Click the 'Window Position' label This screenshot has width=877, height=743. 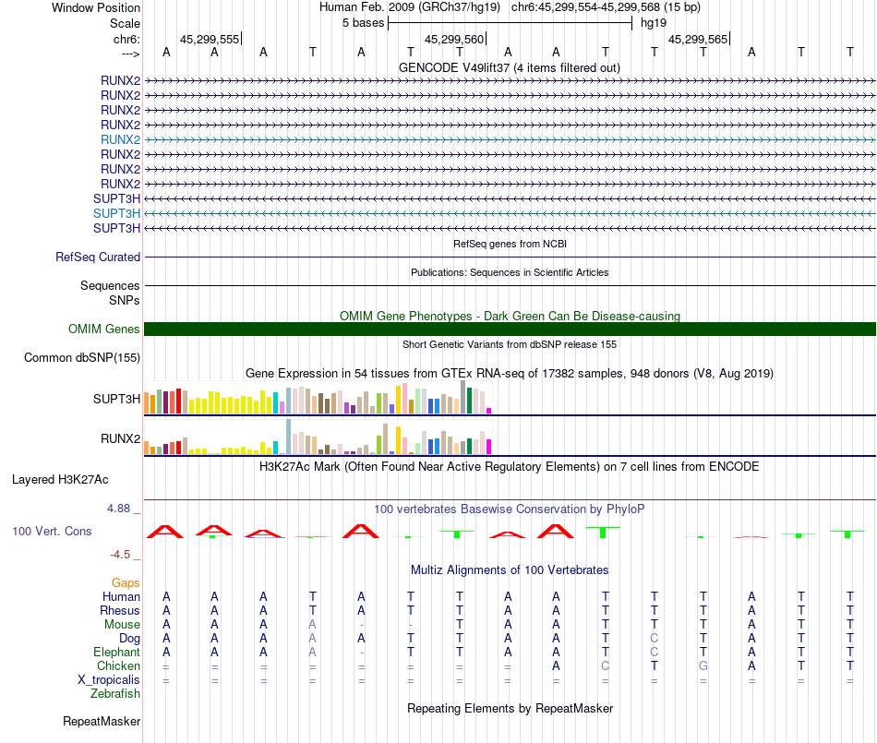[96, 7]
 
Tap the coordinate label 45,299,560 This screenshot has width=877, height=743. [454, 40]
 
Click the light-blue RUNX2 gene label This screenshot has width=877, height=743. [120, 139]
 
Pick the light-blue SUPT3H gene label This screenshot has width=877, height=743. [116, 213]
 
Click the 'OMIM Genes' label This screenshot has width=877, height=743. [104, 329]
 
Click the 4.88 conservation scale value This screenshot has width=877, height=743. [123, 509]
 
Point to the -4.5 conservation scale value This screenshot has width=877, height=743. [125, 555]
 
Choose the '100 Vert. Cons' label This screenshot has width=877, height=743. [52, 532]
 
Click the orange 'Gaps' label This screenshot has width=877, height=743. [126, 582]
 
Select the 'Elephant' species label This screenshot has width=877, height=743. [116, 652]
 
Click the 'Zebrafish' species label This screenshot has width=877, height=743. [115, 693]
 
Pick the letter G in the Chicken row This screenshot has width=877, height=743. [703, 665]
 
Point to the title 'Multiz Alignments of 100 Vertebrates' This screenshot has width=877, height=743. [510, 569]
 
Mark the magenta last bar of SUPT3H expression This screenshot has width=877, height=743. [489, 410]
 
